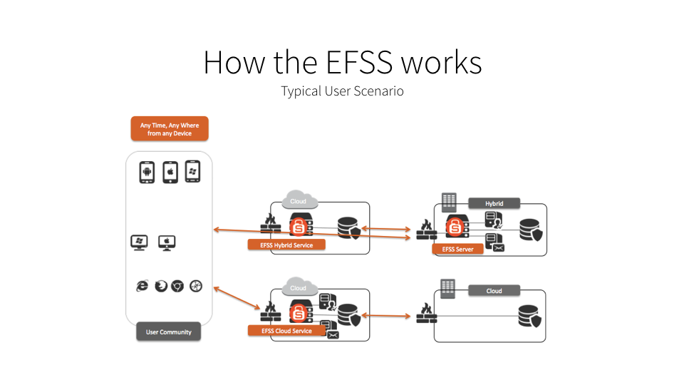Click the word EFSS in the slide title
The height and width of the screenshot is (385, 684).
(x=359, y=63)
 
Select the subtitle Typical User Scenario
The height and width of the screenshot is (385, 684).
(x=342, y=91)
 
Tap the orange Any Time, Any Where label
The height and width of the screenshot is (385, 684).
(x=170, y=129)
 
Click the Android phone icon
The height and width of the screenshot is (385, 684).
(x=147, y=172)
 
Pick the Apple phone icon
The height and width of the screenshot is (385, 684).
(x=170, y=172)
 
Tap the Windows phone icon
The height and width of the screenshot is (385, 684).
(x=192, y=171)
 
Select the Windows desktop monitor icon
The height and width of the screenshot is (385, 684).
(x=139, y=242)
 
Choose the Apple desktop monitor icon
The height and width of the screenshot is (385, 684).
(x=167, y=242)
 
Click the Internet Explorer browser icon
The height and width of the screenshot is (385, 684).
(x=142, y=286)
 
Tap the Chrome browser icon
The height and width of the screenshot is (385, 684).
(x=177, y=286)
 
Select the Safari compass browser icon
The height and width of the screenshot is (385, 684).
(x=196, y=286)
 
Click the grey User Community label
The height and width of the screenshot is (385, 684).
(x=169, y=332)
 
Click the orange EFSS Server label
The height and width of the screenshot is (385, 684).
(x=457, y=249)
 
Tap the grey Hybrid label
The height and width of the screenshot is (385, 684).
(x=494, y=203)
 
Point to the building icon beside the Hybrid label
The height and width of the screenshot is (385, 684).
(x=450, y=202)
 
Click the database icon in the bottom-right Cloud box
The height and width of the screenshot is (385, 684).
(x=531, y=315)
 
